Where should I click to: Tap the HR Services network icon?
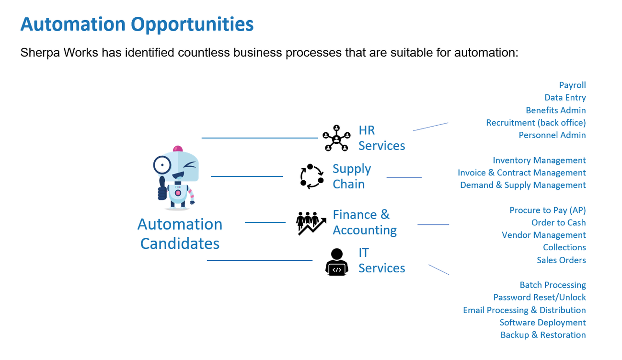pyautogui.click(x=336, y=138)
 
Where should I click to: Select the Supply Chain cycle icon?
pyautogui.click(x=312, y=176)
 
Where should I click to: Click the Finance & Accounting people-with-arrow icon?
pyautogui.click(x=311, y=223)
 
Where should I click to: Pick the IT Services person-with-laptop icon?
pyautogui.click(x=336, y=262)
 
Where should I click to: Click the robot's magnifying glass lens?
pyautogui.click(x=162, y=165)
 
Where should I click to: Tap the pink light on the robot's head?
pyautogui.click(x=178, y=149)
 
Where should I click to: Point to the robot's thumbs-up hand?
pyautogui.click(x=162, y=189)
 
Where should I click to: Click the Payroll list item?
pyautogui.click(x=572, y=85)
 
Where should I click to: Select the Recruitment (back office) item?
pyautogui.click(x=536, y=123)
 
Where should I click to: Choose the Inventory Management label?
pyautogui.click(x=539, y=160)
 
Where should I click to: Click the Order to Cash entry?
pyautogui.click(x=558, y=222)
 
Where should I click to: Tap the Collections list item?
pyautogui.click(x=564, y=247)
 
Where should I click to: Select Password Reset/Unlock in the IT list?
pyautogui.click(x=540, y=297)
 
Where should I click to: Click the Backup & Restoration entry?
pyautogui.click(x=543, y=335)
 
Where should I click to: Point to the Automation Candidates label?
pyautogui.click(x=180, y=233)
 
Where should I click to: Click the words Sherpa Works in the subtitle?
pyautogui.click(x=59, y=53)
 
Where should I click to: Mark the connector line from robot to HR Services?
pyautogui.click(x=260, y=138)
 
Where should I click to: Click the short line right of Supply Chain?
pyautogui.click(x=404, y=177)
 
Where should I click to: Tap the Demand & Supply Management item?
pyautogui.click(x=523, y=185)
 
